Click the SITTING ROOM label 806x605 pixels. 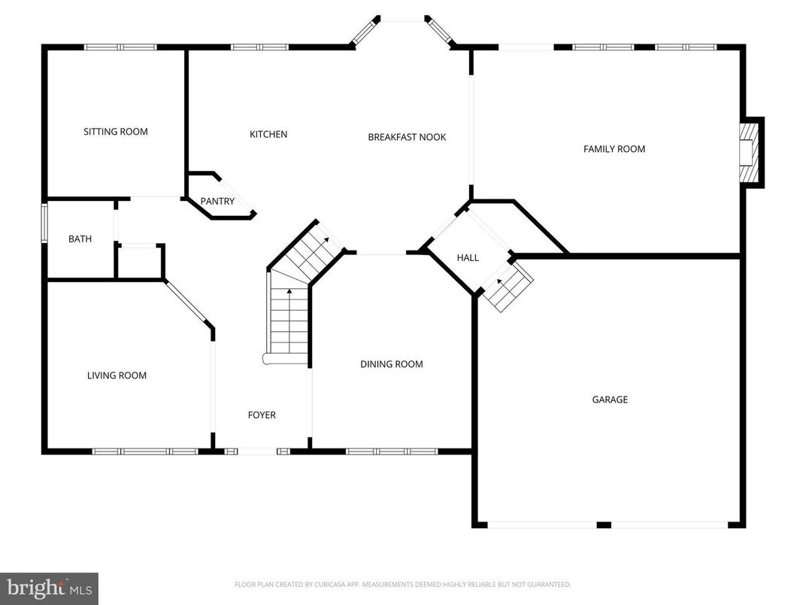[116, 132]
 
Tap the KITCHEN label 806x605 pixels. [268, 135]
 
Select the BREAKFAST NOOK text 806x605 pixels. [407, 137]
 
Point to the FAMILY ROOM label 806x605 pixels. [614, 149]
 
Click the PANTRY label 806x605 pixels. [217, 202]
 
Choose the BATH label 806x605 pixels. [80, 239]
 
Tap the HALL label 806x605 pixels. [468, 258]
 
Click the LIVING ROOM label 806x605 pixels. [117, 375]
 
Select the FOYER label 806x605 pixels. [262, 415]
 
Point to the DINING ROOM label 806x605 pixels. [391, 364]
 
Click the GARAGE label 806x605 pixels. [609, 400]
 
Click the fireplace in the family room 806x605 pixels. [749, 153]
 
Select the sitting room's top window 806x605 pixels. [120, 47]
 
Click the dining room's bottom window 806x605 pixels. [391, 451]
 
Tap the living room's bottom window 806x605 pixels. [144, 451]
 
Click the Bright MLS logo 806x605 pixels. [49, 588]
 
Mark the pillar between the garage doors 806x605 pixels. [604, 524]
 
